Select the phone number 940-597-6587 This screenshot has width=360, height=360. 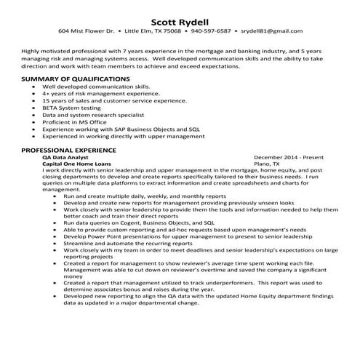211,31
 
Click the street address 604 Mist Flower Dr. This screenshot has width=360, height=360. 87,31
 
